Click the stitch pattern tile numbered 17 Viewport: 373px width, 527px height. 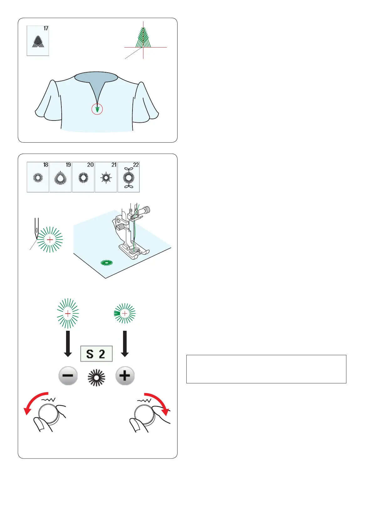tap(38, 41)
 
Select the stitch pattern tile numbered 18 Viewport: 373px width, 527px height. tap(38, 177)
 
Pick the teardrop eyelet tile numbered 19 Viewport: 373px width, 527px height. tap(60, 177)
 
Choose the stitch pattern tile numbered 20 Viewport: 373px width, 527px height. tap(83, 177)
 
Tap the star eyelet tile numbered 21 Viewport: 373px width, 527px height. tap(106, 177)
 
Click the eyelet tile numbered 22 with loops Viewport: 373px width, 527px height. tap(128, 177)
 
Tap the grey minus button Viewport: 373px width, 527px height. tap(68, 376)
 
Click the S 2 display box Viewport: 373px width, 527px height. tap(96, 354)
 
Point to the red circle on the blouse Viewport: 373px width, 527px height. tap(97, 109)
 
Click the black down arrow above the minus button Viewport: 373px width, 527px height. tap(68, 344)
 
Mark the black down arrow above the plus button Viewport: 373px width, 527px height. tap(125, 344)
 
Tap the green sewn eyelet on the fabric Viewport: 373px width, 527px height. tap(107, 263)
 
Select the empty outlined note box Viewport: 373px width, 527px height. tap(266, 369)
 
